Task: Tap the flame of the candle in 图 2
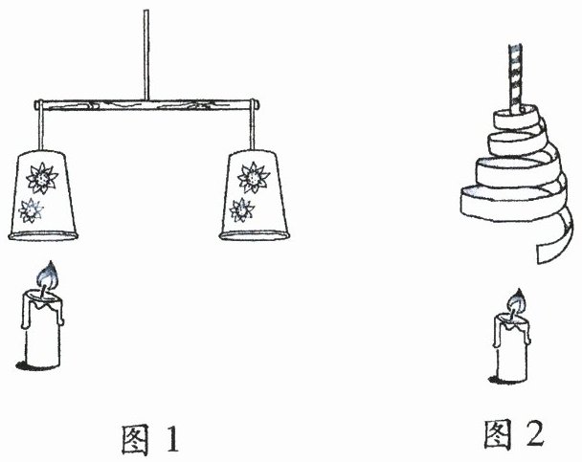coord(517,301)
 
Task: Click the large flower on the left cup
coord(42,177)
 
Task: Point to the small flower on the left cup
coord(34,209)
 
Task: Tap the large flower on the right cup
coord(253,177)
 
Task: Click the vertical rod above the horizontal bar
coord(145,53)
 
